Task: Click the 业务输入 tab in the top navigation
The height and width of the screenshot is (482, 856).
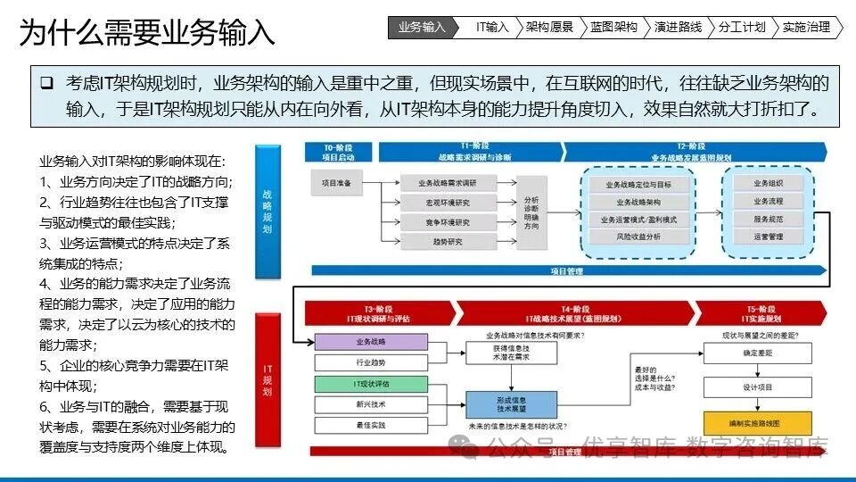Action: [x=421, y=28]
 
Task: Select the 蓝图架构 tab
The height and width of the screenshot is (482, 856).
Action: [x=613, y=28]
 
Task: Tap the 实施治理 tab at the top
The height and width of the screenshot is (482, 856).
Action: [x=805, y=28]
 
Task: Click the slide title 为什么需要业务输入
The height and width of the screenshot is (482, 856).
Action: [x=147, y=34]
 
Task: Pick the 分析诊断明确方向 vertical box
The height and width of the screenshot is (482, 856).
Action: [x=531, y=213]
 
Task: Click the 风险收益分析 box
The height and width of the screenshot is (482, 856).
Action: [x=638, y=237]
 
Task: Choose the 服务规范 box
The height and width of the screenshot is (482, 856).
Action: [x=768, y=219]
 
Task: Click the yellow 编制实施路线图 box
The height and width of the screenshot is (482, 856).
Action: [x=757, y=422]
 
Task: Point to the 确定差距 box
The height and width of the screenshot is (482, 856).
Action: [x=757, y=353]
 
